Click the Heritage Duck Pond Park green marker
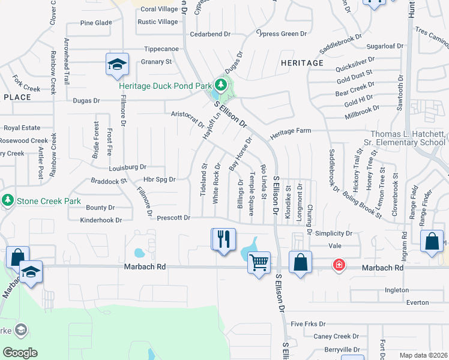pyautogui.click(x=221, y=85)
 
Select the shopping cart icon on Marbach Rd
pyautogui.click(x=259, y=262)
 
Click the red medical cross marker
pyautogui.click(x=339, y=265)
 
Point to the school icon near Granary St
pyautogui.click(x=117, y=64)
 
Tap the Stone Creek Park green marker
pyautogui.click(x=8, y=199)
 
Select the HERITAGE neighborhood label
pyautogui.click(x=302, y=62)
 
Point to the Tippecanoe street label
pyautogui.click(x=161, y=49)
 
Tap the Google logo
pyautogui.click(x=20, y=353)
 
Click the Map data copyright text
pyautogui.click(x=423, y=355)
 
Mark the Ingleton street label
pyautogui.click(x=396, y=290)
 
